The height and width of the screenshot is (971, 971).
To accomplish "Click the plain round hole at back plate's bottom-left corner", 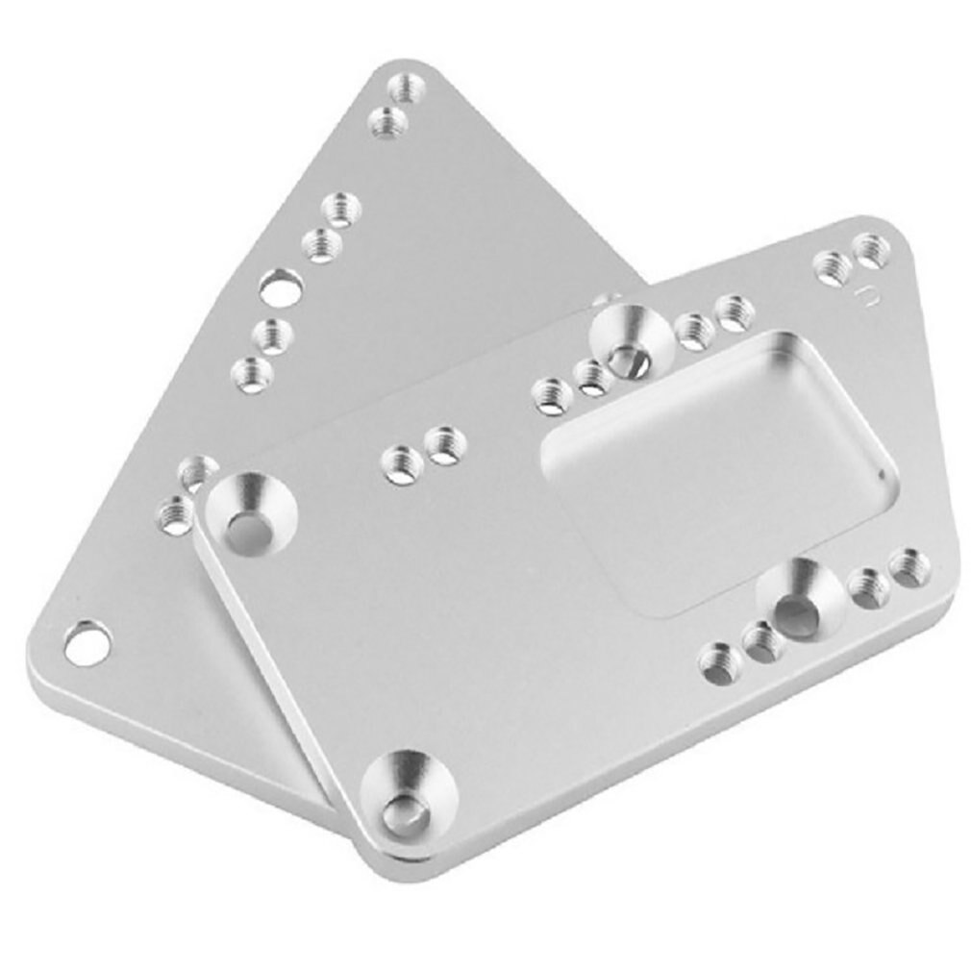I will click(x=87, y=641).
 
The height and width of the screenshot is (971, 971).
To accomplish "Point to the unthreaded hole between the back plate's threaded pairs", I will click(x=281, y=286).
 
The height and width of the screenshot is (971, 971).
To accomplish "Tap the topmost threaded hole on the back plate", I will click(x=408, y=90).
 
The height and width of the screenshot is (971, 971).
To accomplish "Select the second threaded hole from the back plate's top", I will click(x=387, y=123).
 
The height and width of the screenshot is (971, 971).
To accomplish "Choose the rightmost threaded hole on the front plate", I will click(x=906, y=567).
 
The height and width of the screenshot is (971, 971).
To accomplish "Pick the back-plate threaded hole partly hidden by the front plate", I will click(x=197, y=472).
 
